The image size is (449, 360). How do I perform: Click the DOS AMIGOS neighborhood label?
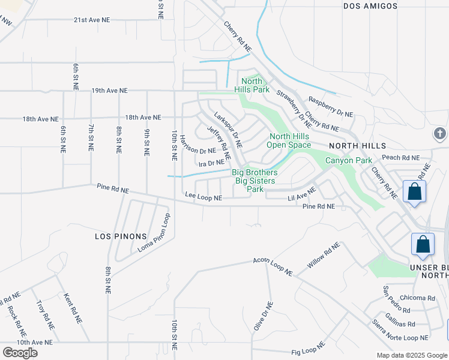(370, 6)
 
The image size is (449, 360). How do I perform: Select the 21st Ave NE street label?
(92, 20)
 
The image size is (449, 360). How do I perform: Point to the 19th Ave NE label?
(110, 91)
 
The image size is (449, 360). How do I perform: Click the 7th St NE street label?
(91, 138)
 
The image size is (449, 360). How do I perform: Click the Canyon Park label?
(349, 160)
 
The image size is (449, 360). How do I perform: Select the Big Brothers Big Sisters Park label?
(255, 181)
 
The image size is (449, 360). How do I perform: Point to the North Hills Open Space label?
(289, 140)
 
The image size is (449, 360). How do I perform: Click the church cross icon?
(439, 133)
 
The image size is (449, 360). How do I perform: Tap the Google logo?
(20, 353)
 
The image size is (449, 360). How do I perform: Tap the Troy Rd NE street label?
(44, 313)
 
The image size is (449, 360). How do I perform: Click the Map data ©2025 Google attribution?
(411, 355)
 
